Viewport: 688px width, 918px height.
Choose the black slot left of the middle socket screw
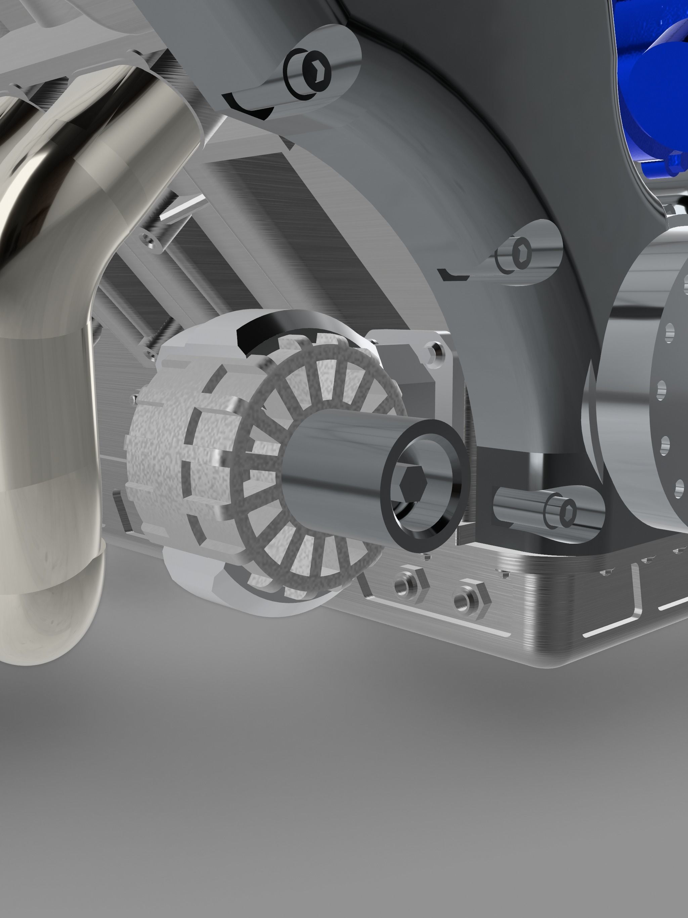[455, 275]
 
